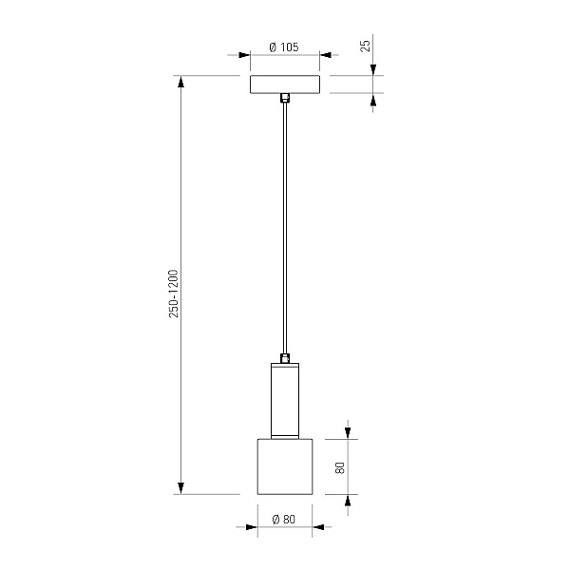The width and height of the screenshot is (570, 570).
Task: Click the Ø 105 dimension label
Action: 284,47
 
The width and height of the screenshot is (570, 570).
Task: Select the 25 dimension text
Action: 366,46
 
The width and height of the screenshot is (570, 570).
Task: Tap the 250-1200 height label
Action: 174,294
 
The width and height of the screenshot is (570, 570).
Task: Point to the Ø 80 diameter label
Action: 284,519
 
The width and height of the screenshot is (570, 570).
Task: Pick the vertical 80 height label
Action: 339,467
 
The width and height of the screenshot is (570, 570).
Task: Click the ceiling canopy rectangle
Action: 285,85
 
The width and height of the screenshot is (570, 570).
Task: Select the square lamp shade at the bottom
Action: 285,466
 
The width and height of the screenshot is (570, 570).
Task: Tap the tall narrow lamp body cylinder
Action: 285,401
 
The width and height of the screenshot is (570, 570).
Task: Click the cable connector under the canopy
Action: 285,99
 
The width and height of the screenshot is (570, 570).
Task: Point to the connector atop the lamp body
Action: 285,358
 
